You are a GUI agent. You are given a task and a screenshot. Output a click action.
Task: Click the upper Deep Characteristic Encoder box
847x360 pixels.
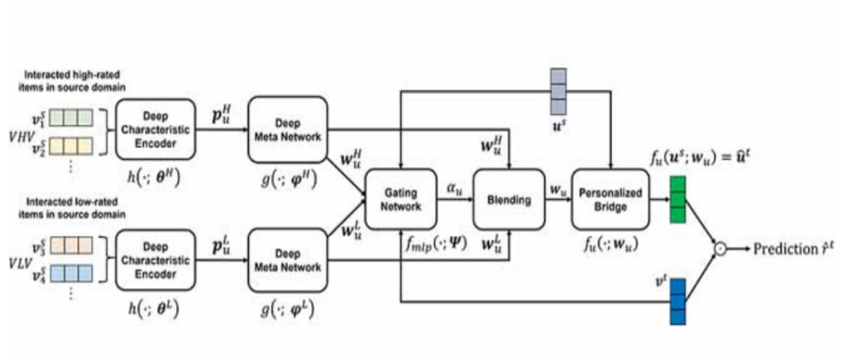coord(156,130)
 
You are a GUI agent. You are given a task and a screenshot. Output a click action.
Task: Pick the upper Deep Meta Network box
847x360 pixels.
coord(287,130)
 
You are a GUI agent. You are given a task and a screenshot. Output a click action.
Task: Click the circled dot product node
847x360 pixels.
coord(721,249)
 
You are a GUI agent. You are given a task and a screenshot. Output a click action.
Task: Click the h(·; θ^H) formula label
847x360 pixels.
coord(156,175)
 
